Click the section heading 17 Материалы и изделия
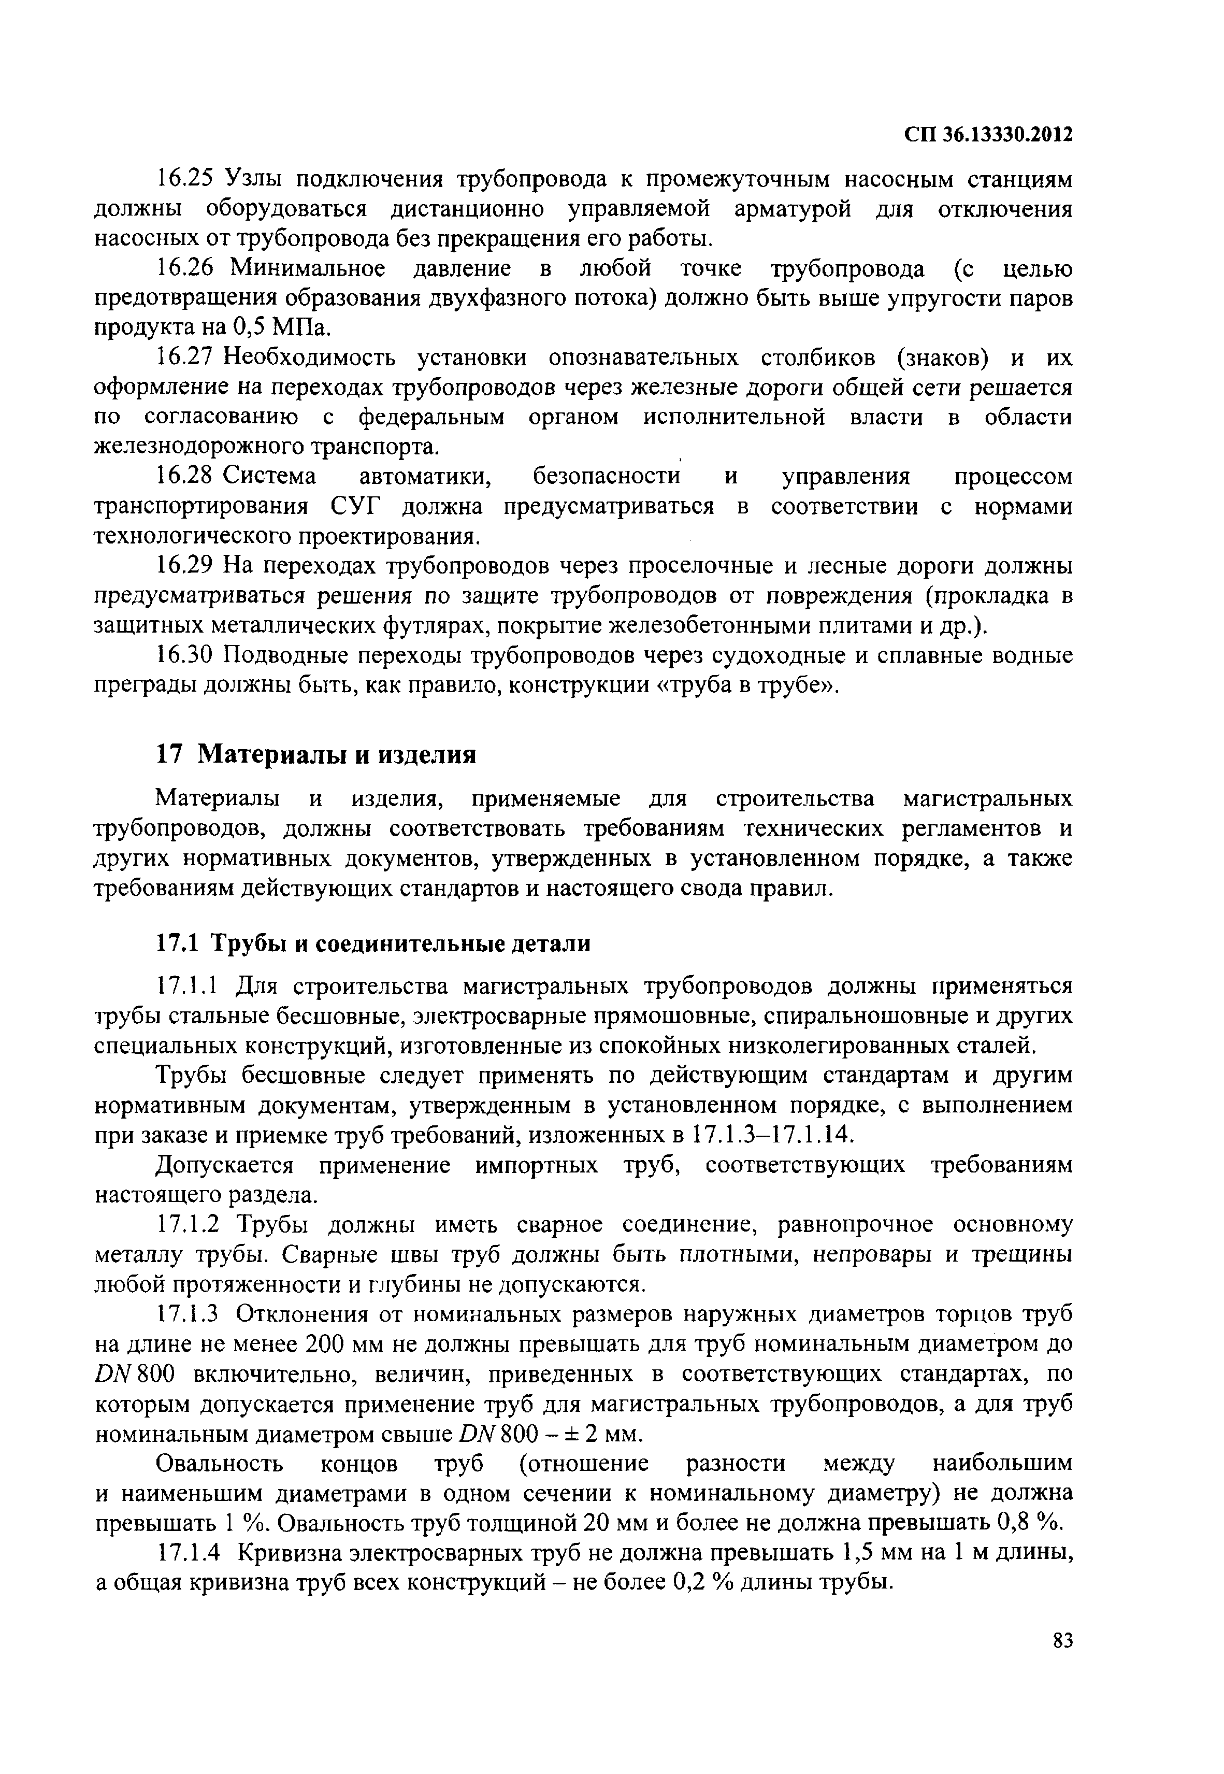[x=316, y=755]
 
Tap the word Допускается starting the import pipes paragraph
[x=225, y=1165]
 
